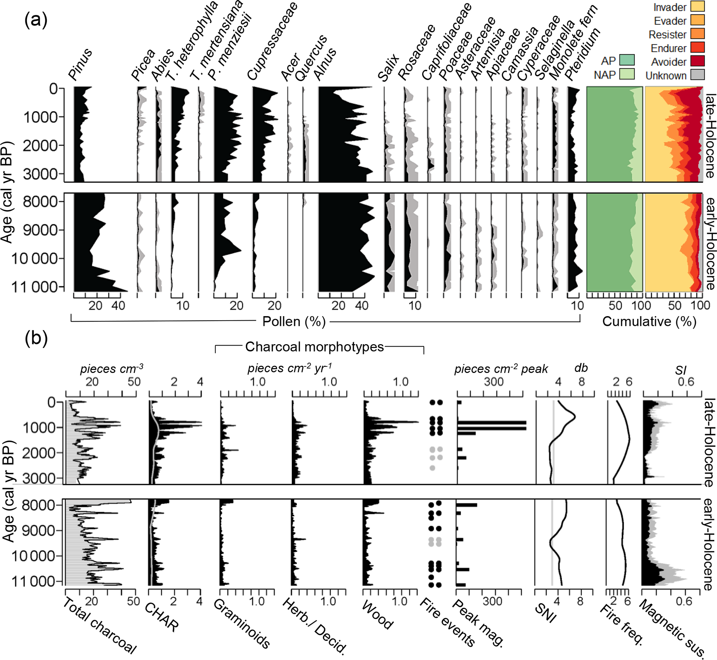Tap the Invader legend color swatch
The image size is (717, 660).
[697, 7]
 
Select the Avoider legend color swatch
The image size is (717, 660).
[697, 61]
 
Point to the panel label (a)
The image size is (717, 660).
[36, 20]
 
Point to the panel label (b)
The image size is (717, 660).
[36, 338]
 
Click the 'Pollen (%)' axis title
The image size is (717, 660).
[294, 321]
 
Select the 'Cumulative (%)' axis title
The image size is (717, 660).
[649, 321]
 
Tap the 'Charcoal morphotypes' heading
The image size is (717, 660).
[314, 347]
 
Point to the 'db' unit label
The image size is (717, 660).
[581, 368]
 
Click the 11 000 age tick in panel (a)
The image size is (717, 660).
[37, 287]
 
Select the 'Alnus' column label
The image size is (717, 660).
[325, 64]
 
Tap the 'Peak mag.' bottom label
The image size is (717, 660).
[479, 624]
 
